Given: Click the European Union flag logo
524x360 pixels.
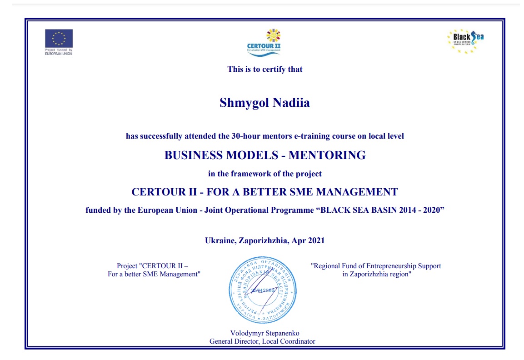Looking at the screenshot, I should [59, 39].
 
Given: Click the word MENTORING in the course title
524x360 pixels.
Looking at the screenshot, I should [327, 155].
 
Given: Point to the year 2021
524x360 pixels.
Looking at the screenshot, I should [316, 240].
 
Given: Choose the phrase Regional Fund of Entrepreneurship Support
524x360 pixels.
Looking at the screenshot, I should [376, 266].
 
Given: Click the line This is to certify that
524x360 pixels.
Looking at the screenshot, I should [265, 70].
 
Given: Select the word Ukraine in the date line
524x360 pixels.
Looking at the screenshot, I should [220, 240].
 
